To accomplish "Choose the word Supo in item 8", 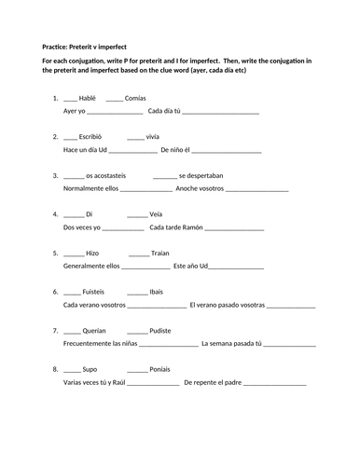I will [90, 369].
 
